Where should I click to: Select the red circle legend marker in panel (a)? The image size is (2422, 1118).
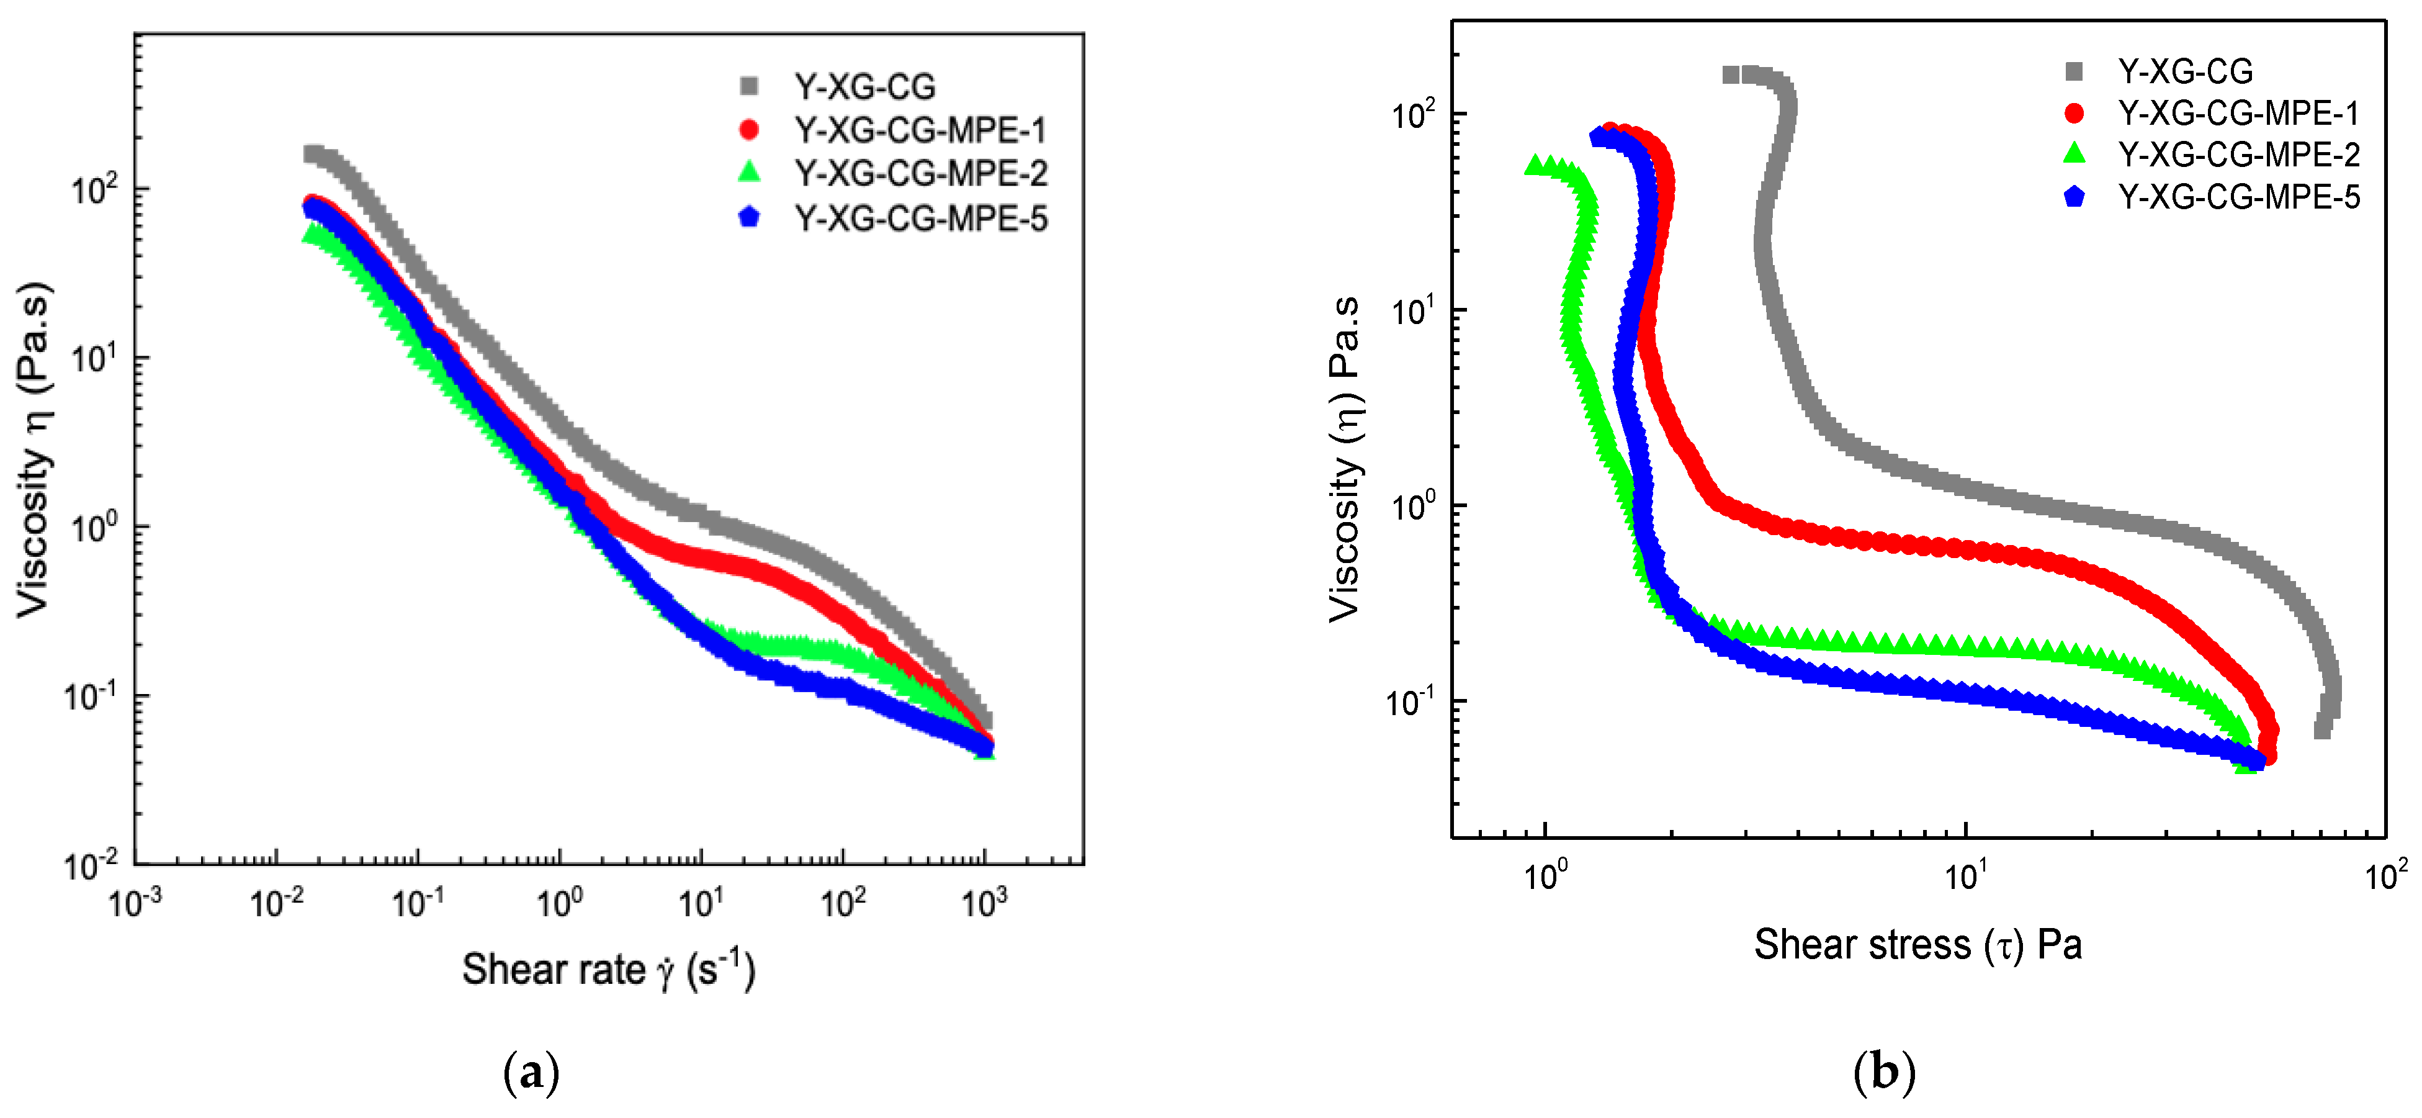click(750, 130)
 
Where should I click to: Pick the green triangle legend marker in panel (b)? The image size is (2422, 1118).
click(2073, 154)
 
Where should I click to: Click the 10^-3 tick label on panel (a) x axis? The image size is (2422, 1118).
click(135, 903)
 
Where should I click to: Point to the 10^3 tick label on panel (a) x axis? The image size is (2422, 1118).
click(984, 903)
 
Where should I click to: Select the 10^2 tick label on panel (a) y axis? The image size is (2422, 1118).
click(95, 188)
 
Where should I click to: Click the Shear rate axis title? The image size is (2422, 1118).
click(608, 970)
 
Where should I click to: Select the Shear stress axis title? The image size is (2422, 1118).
click(1918, 944)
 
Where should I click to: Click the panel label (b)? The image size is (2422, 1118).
click(1883, 1072)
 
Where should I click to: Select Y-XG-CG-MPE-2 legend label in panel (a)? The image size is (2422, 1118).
click(920, 173)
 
